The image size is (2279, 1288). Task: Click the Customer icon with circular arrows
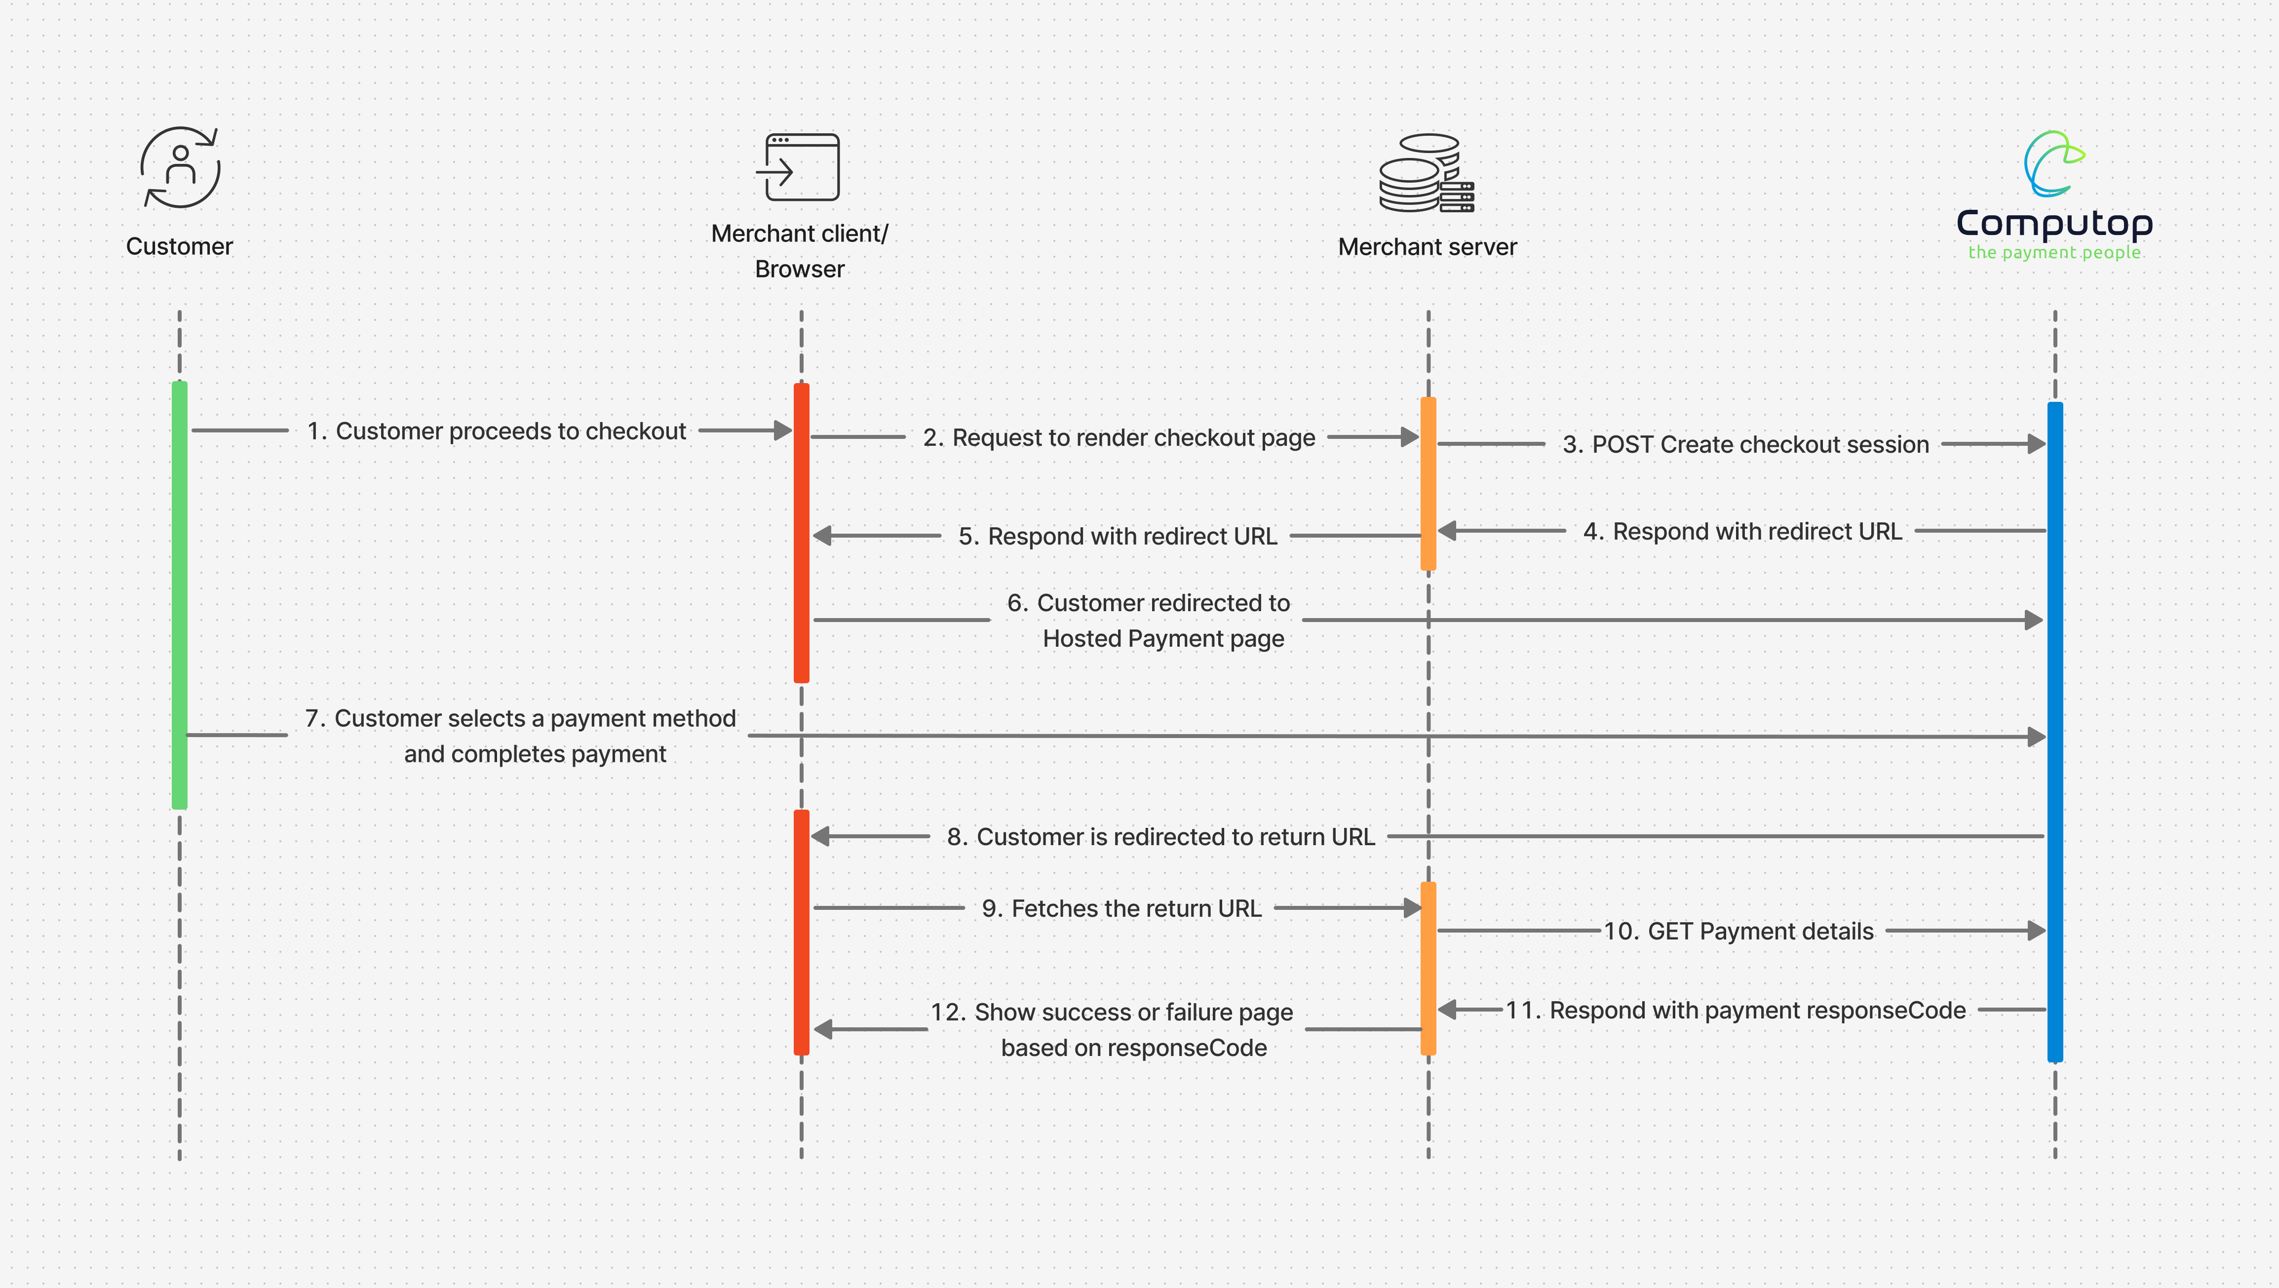coord(181,168)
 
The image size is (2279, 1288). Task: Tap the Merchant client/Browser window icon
coord(799,167)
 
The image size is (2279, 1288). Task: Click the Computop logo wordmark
coord(2054,223)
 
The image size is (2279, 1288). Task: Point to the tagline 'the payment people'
coord(2054,253)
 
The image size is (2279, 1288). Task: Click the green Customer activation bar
coord(180,594)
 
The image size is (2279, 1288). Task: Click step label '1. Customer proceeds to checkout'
coord(496,431)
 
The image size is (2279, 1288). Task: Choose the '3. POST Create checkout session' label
coord(1745,444)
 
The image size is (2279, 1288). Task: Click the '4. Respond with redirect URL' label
coord(1742,532)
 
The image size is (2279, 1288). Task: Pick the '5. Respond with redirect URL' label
coord(1118,536)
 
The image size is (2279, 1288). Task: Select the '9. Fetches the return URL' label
coord(1121,908)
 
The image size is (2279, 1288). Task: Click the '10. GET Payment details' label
coord(1738,932)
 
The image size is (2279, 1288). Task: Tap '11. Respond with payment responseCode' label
coord(1736,1010)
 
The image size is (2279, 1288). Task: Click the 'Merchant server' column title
coord(1427,247)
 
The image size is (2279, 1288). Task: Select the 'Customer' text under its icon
coord(180,246)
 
